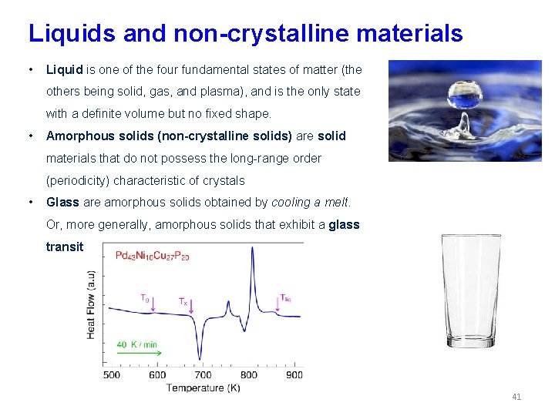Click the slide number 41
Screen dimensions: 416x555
(x=516, y=397)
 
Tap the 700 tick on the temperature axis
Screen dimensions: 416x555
(x=203, y=375)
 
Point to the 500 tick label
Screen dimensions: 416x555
(x=112, y=375)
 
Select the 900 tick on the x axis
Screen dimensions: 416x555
(x=294, y=375)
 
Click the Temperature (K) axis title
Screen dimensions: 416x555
(x=203, y=388)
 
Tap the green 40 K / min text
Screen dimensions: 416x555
(x=138, y=344)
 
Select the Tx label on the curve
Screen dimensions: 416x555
(x=183, y=303)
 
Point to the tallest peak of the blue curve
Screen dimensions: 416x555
(x=252, y=254)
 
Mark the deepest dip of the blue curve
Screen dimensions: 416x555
(x=201, y=356)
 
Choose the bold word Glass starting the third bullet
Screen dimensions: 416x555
(x=62, y=203)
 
